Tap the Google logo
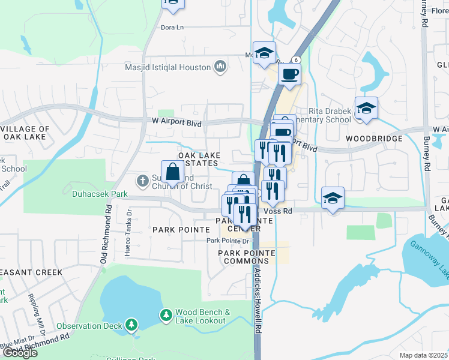20,353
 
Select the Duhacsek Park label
92,194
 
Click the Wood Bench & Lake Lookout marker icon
165,315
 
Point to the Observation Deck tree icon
131,326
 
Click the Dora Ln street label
172,27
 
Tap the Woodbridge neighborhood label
373,139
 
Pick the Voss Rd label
280,211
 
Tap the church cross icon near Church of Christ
143,179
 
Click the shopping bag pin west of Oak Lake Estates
172,172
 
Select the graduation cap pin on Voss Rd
332,199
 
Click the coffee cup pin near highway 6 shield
289,74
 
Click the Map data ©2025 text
423,355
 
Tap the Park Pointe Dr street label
228,241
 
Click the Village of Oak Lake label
26,133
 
